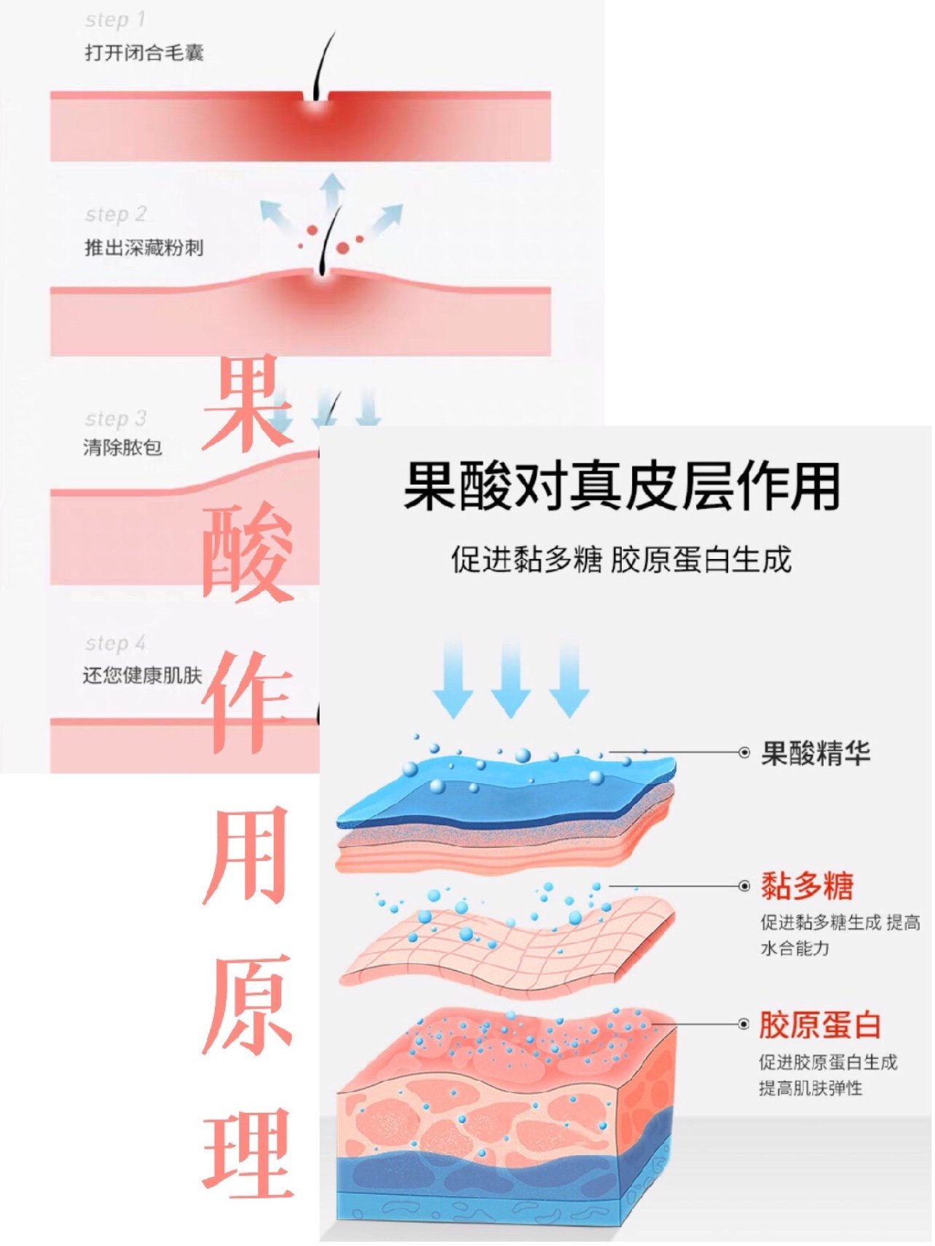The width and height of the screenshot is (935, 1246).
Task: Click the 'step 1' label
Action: [115, 20]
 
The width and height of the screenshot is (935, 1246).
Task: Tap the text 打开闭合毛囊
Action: [144, 52]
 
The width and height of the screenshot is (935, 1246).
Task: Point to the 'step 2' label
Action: [116, 214]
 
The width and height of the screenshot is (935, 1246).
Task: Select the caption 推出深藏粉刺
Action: [144, 247]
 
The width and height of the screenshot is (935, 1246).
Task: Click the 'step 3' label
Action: [116, 418]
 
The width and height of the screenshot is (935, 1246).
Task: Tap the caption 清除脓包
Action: [123, 447]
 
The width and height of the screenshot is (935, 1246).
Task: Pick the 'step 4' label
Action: [115, 643]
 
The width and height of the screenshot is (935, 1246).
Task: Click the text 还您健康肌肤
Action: [143, 675]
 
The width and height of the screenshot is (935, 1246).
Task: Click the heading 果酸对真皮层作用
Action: [622, 486]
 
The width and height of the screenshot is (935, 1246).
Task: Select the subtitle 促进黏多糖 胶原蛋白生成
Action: [621, 560]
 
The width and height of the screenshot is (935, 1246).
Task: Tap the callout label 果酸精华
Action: [816, 753]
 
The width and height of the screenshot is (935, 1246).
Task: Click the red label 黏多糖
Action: [807, 886]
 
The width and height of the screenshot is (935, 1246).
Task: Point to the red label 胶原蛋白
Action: [820, 1025]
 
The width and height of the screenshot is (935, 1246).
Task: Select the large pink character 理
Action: [248, 1154]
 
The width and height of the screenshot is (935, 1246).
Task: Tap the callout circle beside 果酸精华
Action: [744, 753]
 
